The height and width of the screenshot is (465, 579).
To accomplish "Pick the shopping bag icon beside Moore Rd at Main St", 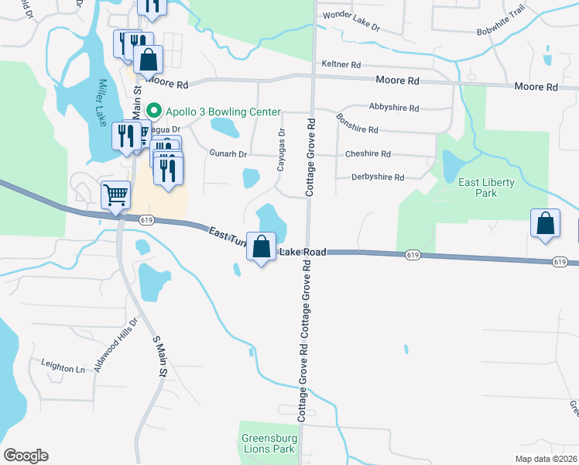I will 148,59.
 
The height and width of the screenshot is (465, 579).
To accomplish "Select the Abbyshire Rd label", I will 394,108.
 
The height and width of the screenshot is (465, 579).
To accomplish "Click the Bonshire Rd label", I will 357,124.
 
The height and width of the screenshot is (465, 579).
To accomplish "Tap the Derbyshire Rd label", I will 378,177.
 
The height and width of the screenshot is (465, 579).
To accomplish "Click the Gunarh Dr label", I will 228,154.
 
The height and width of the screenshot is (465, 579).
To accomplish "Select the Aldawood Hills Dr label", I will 115,345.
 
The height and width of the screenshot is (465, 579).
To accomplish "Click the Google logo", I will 26,456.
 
